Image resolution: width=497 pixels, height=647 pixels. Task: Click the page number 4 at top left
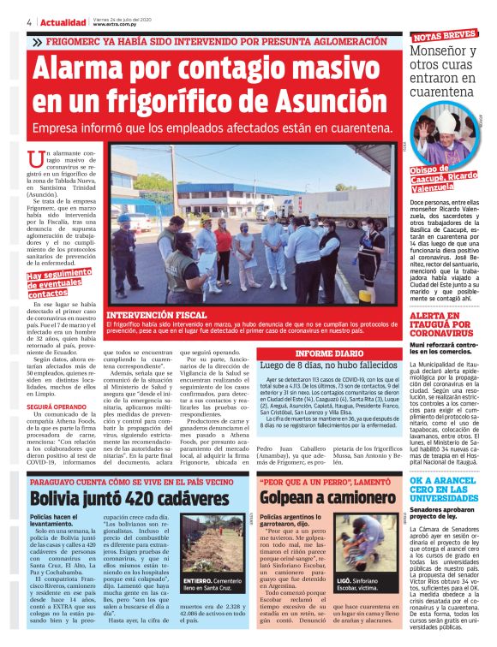pyautogui.click(x=28, y=21)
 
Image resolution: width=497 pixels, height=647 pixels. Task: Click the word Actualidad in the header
pyautogui.click(x=63, y=21)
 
